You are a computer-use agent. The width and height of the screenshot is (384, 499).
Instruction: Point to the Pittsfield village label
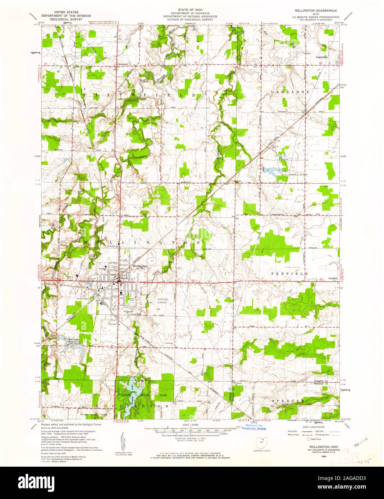click(122, 64)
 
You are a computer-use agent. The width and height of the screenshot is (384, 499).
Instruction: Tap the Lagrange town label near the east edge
click(321, 57)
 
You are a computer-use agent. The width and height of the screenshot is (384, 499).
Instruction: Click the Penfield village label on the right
click(333, 278)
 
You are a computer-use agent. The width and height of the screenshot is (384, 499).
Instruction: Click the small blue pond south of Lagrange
click(270, 170)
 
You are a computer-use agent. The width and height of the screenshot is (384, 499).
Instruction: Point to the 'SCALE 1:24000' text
click(192, 424)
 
